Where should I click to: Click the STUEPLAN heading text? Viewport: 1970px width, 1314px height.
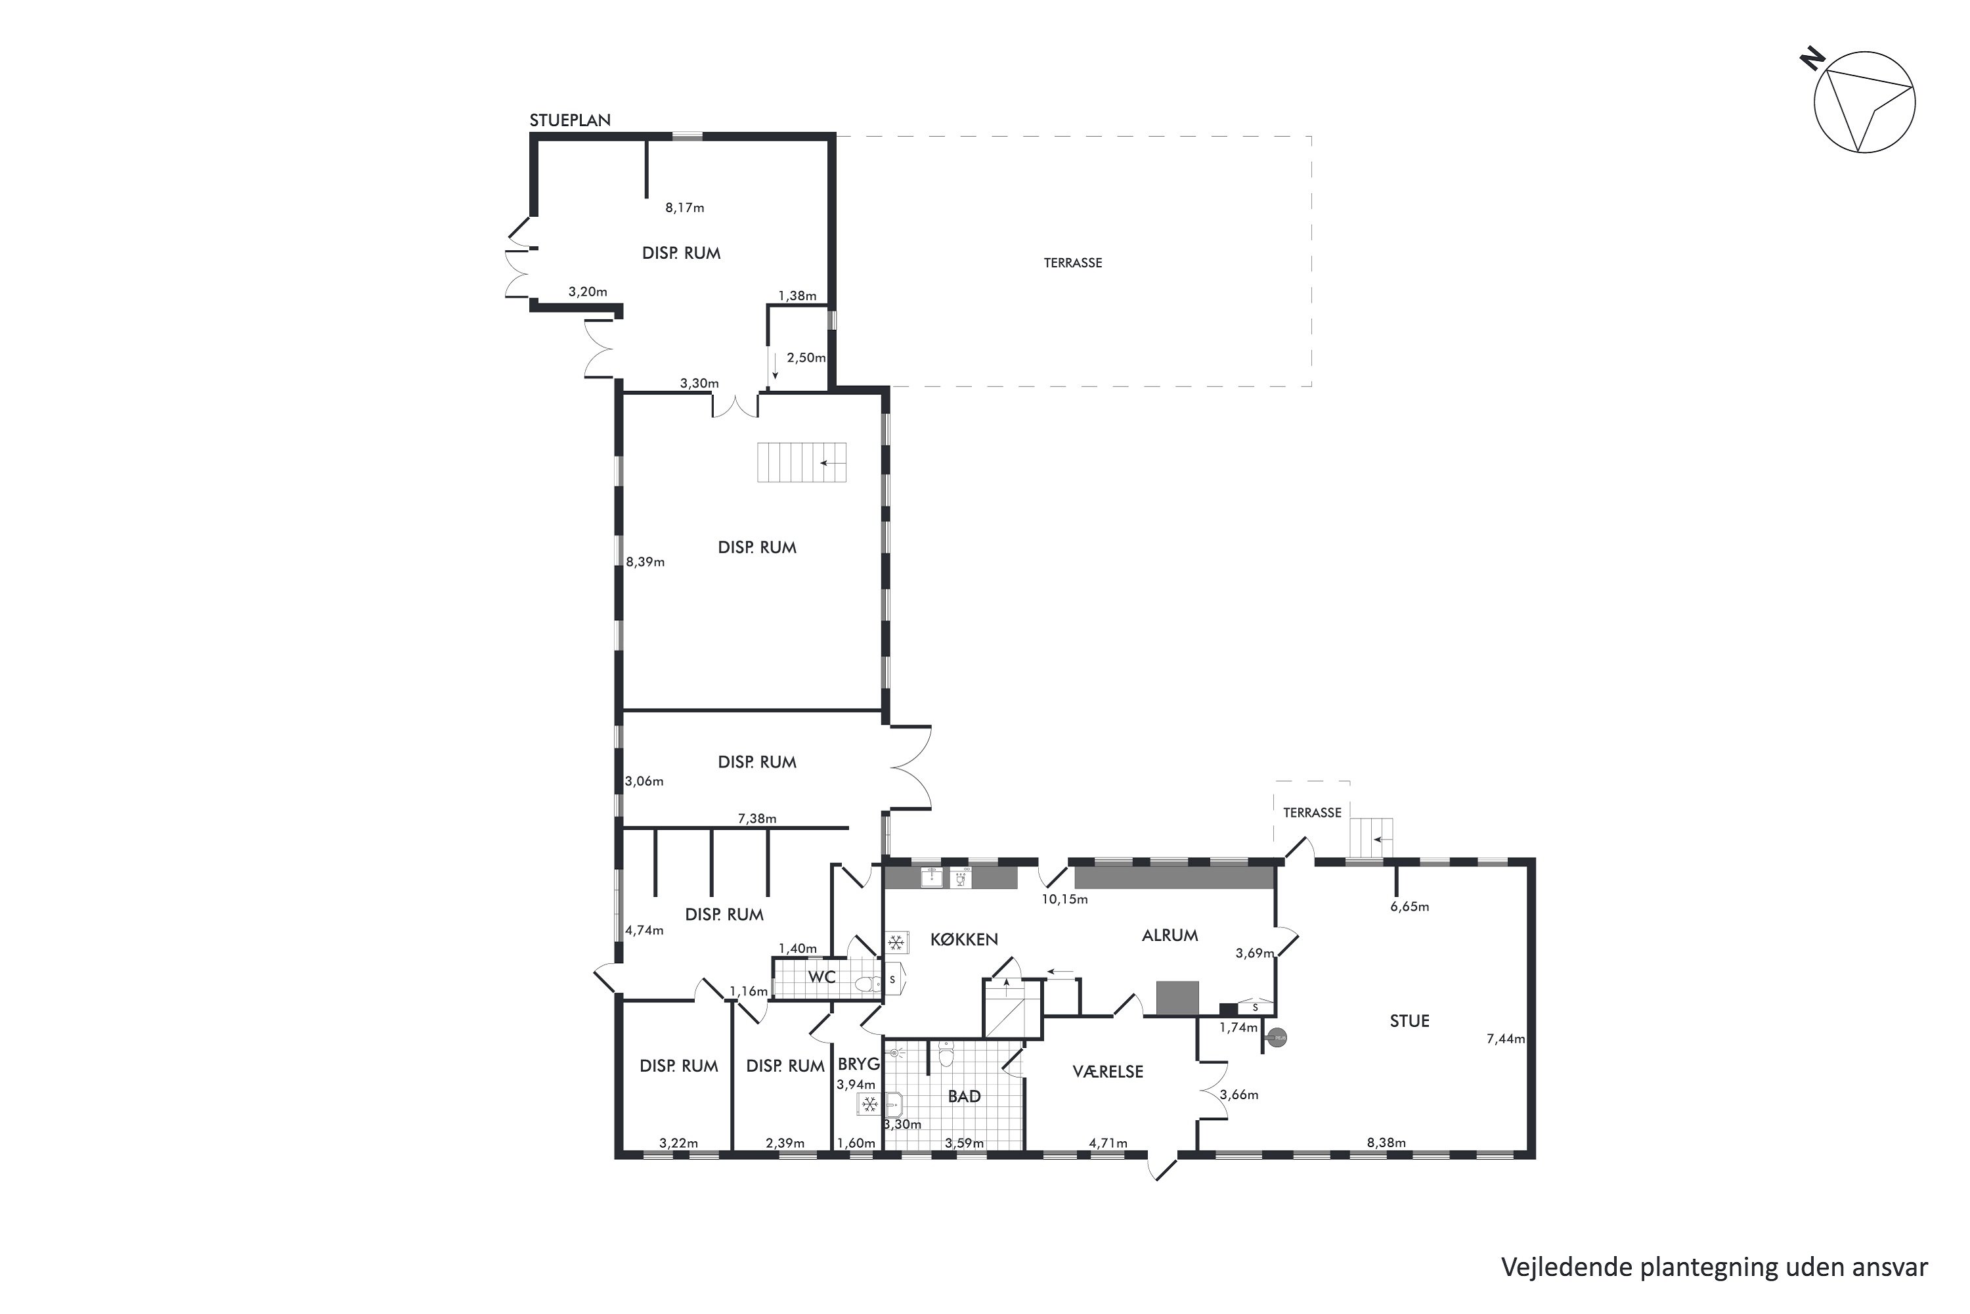coord(569,120)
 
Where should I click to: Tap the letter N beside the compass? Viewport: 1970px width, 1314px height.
coord(1812,58)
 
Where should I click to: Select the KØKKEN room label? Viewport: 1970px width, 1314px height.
coord(964,940)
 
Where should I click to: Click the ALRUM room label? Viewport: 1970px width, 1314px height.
coord(1170,935)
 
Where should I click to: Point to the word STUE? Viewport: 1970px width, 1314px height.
coord(1410,1021)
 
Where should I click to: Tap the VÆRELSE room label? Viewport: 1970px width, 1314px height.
coord(1108,1071)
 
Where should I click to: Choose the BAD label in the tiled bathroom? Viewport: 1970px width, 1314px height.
coord(964,1096)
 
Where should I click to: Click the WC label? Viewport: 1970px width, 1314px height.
coord(821,977)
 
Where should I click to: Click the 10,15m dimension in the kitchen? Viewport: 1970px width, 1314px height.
coord(1064,899)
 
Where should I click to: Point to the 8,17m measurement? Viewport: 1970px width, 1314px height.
coord(685,208)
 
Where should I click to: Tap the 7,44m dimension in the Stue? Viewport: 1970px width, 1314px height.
coord(1506,1038)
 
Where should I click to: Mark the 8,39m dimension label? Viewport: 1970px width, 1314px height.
coord(645,562)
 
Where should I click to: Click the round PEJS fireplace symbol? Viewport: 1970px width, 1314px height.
coord(1277,1038)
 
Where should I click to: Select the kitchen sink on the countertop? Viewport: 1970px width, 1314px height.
coord(931,877)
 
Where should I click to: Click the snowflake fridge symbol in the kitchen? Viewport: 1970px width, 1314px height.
coord(896,943)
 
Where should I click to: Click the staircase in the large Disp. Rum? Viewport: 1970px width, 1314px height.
coord(802,463)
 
